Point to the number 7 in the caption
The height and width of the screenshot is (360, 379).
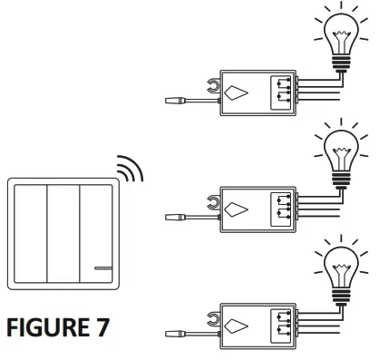pos(102,328)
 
